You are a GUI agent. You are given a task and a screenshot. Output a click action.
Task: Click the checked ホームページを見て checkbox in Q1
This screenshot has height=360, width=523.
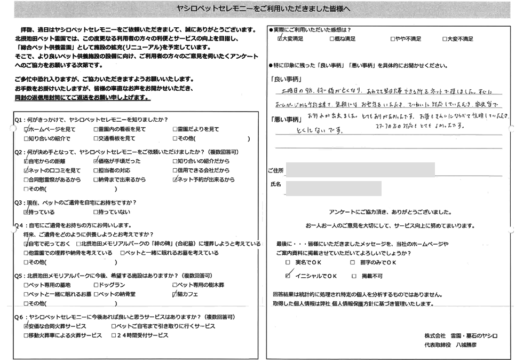(x=27, y=129)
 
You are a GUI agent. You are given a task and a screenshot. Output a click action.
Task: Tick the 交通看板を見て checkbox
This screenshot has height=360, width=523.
(x=96, y=138)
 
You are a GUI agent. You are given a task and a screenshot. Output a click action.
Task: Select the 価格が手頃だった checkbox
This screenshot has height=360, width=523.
(x=96, y=161)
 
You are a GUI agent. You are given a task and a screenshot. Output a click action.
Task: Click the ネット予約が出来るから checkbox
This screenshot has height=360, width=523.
(x=175, y=180)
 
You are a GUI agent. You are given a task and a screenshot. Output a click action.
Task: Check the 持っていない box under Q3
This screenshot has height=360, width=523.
(x=96, y=212)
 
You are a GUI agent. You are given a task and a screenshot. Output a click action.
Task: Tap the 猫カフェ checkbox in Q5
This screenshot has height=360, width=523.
(x=175, y=294)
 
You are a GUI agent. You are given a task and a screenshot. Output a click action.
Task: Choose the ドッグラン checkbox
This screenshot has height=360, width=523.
(x=96, y=285)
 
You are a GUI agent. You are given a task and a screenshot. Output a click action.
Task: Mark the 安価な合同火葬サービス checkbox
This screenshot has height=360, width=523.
(x=27, y=326)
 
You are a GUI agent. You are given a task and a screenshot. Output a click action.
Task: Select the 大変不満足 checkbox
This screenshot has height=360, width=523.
(x=445, y=39)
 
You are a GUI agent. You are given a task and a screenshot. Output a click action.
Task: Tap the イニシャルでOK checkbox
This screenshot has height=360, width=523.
(x=288, y=276)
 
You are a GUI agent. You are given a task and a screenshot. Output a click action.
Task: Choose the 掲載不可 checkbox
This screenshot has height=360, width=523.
(x=354, y=276)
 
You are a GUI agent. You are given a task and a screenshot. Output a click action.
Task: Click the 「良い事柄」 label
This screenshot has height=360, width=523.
(x=283, y=78)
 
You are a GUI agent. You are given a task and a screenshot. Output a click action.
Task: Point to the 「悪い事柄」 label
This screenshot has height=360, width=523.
(x=283, y=118)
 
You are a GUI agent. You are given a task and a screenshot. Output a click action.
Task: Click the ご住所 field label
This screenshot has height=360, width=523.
(x=275, y=170)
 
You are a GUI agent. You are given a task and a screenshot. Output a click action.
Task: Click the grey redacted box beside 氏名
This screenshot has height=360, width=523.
(x=334, y=188)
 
